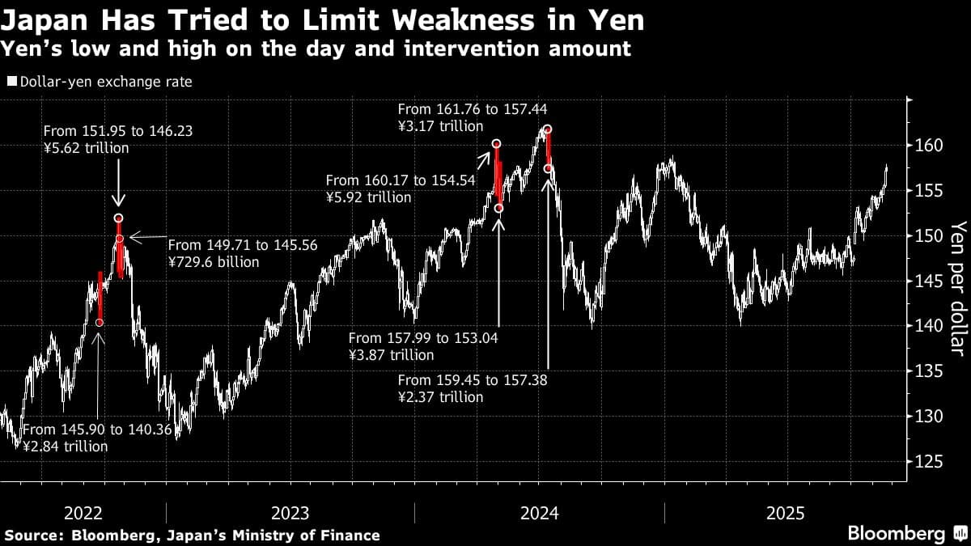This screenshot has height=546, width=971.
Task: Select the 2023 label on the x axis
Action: pyautogui.click(x=290, y=513)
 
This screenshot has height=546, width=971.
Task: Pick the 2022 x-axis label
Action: pyautogui.click(x=83, y=513)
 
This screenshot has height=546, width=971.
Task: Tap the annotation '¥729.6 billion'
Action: pyautogui.click(x=214, y=262)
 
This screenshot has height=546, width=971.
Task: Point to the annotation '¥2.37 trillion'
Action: pyautogui.click(x=440, y=397)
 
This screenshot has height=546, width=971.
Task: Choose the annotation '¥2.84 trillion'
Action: pyautogui.click(x=65, y=447)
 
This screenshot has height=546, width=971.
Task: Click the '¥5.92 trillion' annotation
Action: pyautogui.click(x=369, y=197)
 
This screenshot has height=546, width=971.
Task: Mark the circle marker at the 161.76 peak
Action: pyautogui.click(x=548, y=129)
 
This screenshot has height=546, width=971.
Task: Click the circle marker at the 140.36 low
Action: pyautogui.click(x=100, y=323)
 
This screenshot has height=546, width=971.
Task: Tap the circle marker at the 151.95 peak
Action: pyautogui.click(x=119, y=218)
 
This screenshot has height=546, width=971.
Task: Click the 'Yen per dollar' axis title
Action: pyautogui.click(x=958, y=287)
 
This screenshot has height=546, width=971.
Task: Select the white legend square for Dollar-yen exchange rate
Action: pyautogui.click(x=11, y=82)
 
